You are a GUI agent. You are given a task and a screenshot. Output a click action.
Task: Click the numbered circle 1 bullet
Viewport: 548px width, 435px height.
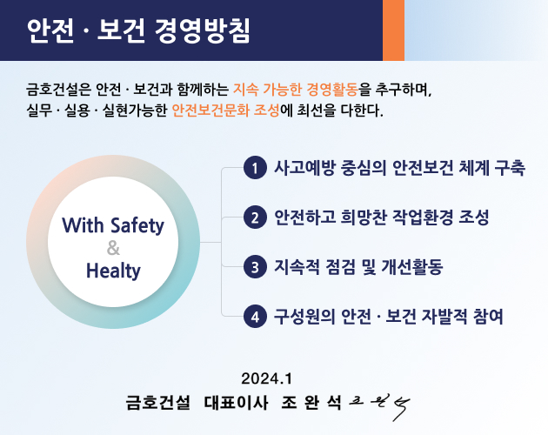(x=255, y=168)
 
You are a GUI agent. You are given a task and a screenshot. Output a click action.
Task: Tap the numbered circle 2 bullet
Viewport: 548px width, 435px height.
(x=255, y=217)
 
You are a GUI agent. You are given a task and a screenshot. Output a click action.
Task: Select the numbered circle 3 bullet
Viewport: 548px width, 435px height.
(x=255, y=267)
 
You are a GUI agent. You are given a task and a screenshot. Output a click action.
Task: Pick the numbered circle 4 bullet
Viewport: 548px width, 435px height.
(x=255, y=317)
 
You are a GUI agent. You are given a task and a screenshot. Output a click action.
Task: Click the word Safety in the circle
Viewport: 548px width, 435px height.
(x=137, y=225)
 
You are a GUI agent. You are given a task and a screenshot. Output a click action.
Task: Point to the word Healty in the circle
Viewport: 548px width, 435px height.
(x=113, y=271)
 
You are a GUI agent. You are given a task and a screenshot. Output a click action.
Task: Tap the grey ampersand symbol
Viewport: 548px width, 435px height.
(x=113, y=248)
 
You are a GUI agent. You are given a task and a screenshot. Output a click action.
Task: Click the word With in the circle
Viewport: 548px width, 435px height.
(x=83, y=224)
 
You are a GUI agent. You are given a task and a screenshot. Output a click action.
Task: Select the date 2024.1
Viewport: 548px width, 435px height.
(x=266, y=378)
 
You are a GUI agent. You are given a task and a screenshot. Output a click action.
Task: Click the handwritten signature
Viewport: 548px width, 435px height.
(x=380, y=406)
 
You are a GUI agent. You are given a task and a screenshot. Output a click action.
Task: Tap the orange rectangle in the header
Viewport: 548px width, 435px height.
(x=393, y=30)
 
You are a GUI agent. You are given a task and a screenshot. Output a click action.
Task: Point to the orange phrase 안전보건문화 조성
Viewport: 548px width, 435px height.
(x=226, y=110)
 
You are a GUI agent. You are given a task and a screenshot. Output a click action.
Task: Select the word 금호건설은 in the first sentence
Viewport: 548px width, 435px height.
(x=58, y=90)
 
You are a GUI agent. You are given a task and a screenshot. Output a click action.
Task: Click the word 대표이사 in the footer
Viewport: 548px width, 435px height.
(x=237, y=403)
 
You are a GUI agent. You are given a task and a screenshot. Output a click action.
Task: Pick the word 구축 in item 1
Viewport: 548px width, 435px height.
(x=510, y=168)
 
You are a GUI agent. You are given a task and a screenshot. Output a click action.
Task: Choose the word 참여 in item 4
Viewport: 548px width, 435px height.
(x=488, y=317)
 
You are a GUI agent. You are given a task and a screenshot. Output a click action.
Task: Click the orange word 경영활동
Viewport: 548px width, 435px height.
(x=332, y=90)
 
